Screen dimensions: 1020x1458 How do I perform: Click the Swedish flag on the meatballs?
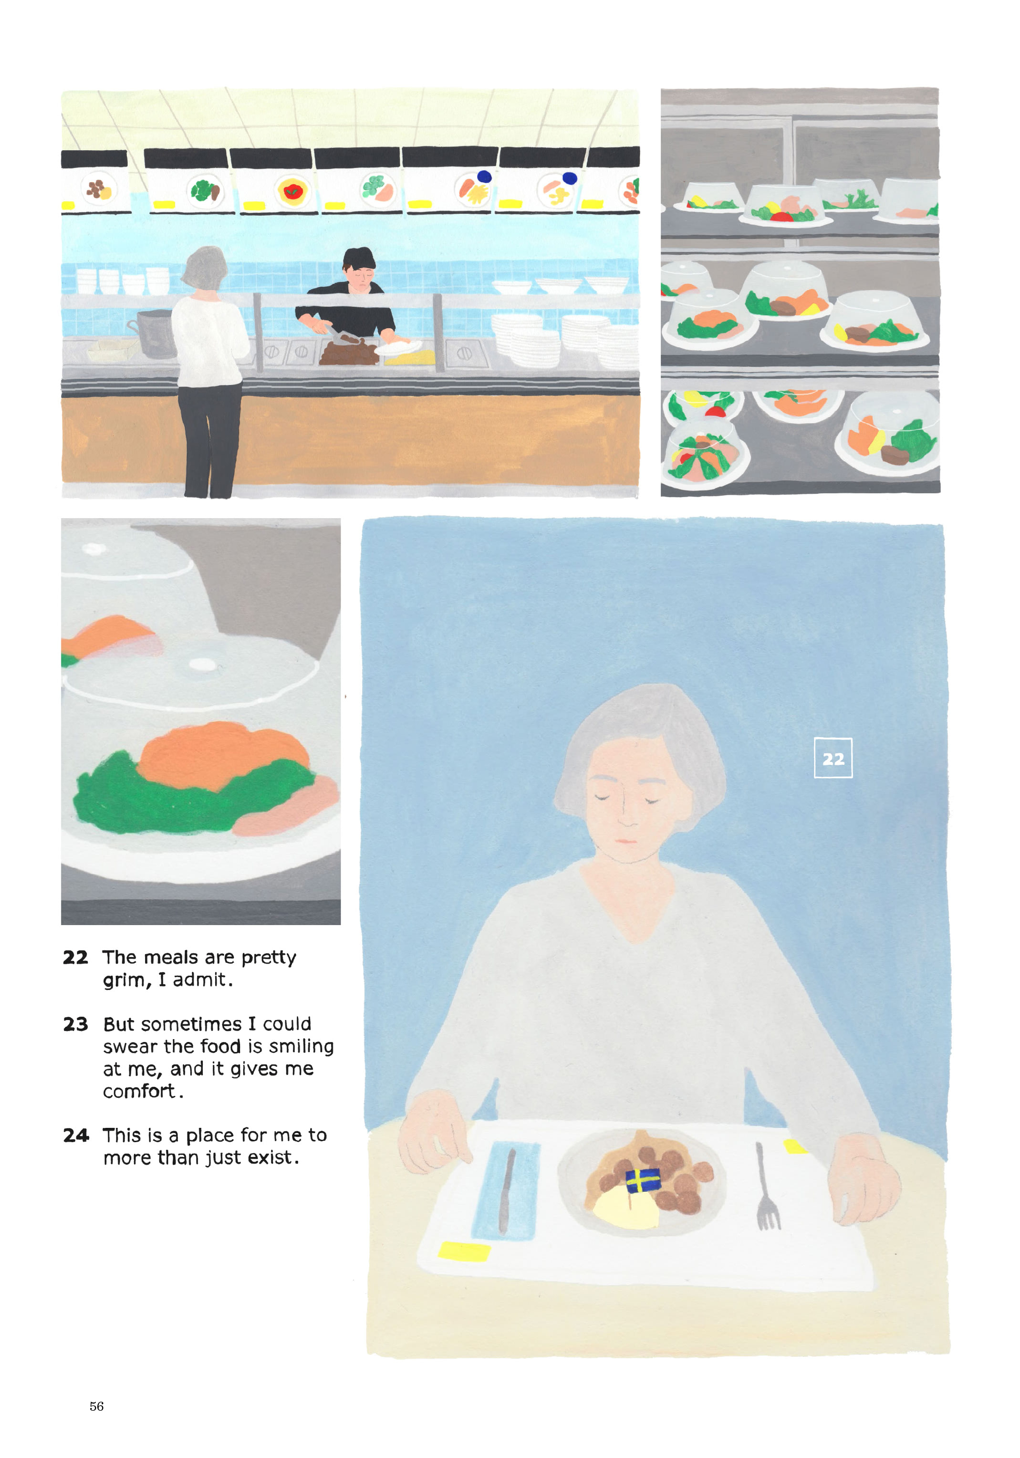tap(642, 1180)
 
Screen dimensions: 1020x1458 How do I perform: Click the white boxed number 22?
tap(833, 758)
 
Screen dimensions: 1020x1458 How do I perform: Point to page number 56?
tap(96, 1406)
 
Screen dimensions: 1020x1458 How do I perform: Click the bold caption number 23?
tap(75, 1024)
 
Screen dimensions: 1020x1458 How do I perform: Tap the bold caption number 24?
tap(75, 1135)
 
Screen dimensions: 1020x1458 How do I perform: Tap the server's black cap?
tap(359, 257)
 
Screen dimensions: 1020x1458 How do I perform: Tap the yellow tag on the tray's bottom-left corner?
tap(464, 1251)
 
